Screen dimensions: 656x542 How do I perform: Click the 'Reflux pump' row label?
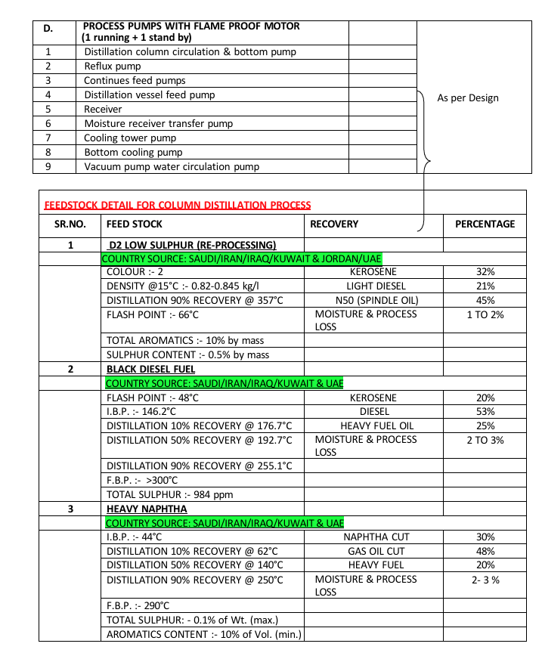(113, 67)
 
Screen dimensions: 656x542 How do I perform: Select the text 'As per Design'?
(468, 97)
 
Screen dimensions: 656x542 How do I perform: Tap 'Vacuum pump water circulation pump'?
(172, 166)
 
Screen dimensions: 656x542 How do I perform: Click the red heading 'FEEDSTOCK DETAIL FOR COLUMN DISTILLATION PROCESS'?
(178, 205)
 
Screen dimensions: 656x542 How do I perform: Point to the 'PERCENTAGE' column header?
(485, 224)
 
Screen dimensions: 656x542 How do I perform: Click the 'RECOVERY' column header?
(334, 224)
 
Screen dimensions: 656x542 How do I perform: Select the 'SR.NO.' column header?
(70, 224)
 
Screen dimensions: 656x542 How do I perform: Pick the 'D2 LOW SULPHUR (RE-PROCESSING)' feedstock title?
(192, 245)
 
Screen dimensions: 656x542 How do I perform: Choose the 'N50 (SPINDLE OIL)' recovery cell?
(376, 300)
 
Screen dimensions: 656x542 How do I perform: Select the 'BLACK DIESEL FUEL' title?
(151, 370)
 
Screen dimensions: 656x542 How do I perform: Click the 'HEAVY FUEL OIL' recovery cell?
(376, 426)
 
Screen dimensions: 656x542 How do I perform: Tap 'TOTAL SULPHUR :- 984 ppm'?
(169, 495)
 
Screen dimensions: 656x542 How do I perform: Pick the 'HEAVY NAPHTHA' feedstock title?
(147, 509)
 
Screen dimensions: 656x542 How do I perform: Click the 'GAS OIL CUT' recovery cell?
(376, 551)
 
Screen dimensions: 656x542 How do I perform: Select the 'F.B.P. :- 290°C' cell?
(138, 606)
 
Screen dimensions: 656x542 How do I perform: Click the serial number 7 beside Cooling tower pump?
(48, 138)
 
